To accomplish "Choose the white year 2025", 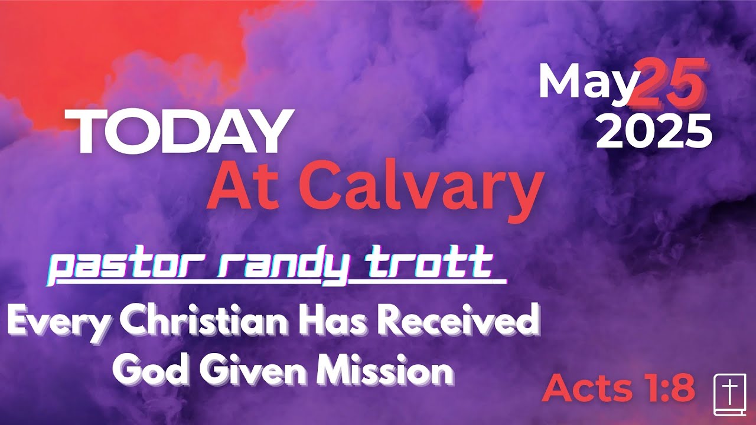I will (654, 131).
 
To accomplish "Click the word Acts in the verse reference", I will (586, 388).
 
